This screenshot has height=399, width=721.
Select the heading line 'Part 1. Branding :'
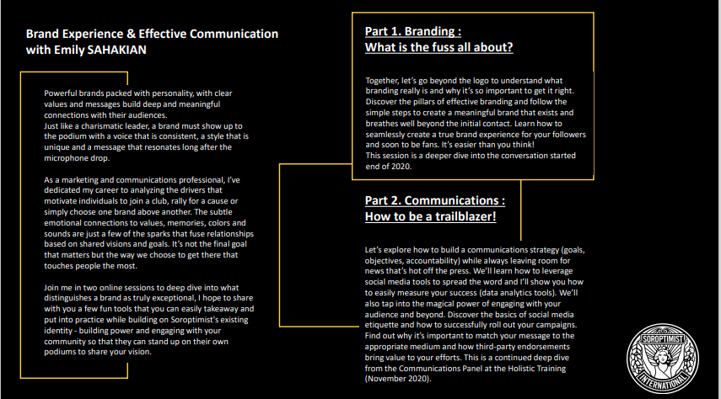tap(413, 31)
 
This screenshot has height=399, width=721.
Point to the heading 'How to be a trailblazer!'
tap(430, 216)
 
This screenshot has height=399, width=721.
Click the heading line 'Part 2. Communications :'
tap(434, 201)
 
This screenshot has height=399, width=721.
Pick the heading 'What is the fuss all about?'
tap(439, 47)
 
